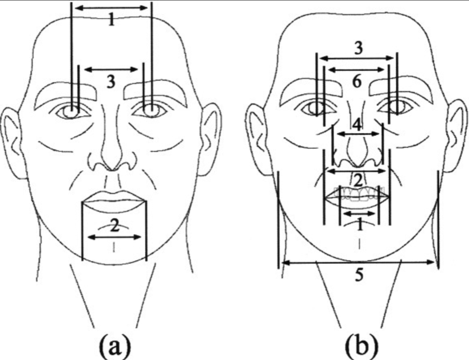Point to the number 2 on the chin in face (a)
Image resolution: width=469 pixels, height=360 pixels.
pyautogui.click(x=115, y=227)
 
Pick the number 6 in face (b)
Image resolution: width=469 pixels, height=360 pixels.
pyautogui.click(x=357, y=82)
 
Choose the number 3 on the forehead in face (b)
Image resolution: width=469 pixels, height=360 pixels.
pyautogui.click(x=357, y=48)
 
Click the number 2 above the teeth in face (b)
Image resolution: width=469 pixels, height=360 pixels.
pyautogui.click(x=358, y=181)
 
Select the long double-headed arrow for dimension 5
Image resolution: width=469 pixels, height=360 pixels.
pyautogui.click(x=359, y=262)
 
